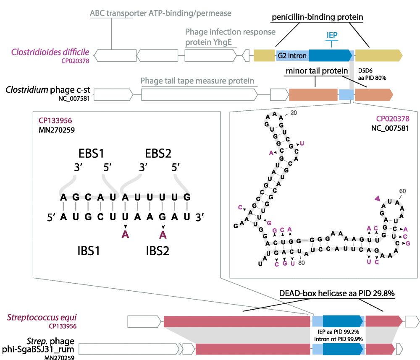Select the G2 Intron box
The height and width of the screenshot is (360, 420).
[292, 55]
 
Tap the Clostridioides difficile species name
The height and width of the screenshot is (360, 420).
[50, 52]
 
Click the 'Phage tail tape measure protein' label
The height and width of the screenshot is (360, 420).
[197, 81]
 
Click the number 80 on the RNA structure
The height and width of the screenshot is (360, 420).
[301, 263]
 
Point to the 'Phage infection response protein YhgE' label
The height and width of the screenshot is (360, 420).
[230, 36]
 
